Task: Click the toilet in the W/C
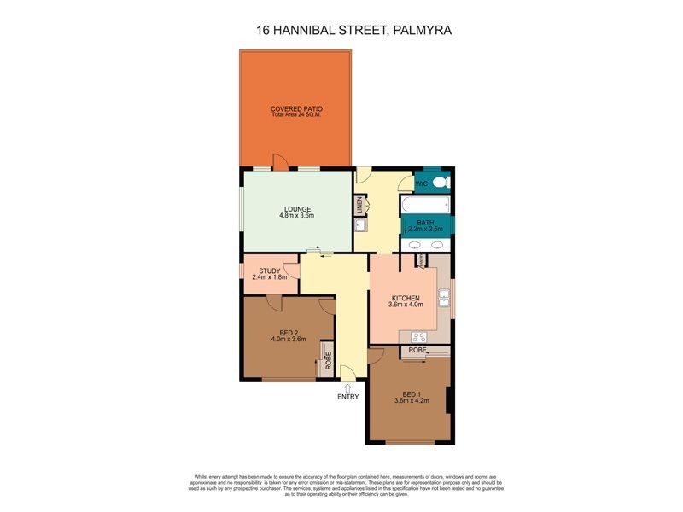pyautogui.click(x=441, y=183)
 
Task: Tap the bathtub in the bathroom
pyautogui.click(x=424, y=206)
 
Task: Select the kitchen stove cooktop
pyautogui.click(x=419, y=336)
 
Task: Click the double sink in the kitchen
pyautogui.click(x=444, y=297)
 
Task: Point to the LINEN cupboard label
pyautogui.click(x=360, y=206)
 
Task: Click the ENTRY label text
pyautogui.click(x=348, y=396)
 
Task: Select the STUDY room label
pyautogui.click(x=269, y=271)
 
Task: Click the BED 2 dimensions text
pyautogui.click(x=289, y=340)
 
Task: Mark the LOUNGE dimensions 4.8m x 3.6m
pyautogui.click(x=296, y=215)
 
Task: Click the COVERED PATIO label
pyautogui.click(x=295, y=108)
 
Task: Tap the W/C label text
pyautogui.click(x=421, y=183)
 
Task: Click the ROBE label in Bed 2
pyautogui.click(x=328, y=361)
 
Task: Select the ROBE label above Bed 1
pyautogui.click(x=417, y=350)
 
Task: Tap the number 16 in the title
pyautogui.click(x=265, y=30)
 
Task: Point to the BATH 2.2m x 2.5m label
pyautogui.click(x=425, y=226)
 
